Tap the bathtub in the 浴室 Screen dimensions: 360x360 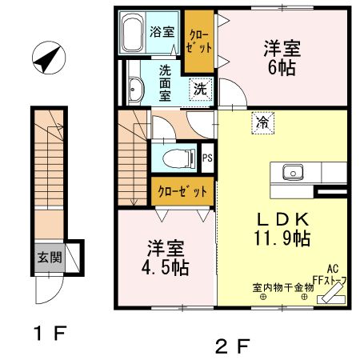tap(134, 33)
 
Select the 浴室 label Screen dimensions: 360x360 tap(162, 33)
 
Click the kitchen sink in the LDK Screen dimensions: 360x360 tap(290, 171)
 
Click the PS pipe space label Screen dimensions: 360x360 tap(207, 157)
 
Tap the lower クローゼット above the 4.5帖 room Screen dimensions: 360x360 tap(182, 192)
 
